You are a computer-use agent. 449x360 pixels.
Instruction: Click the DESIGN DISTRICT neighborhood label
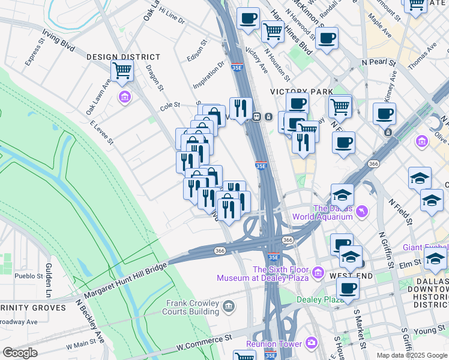[123, 57]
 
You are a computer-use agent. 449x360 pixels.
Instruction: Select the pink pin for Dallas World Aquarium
[362, 212]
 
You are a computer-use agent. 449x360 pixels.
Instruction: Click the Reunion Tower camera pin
[312, 343]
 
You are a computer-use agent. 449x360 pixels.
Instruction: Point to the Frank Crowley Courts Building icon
[228, 307]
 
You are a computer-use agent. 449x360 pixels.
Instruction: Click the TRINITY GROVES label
[33, 308]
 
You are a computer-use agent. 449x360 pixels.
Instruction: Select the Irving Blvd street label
[58, 40]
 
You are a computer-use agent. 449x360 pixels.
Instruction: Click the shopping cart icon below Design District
[122, 71]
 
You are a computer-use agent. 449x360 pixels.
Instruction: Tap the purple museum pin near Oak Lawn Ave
[125, 97]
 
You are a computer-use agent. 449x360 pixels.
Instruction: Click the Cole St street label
[170, 105]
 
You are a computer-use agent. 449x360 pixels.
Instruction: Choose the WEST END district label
[351, 276]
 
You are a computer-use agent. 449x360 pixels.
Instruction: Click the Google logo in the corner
[19, 352]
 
